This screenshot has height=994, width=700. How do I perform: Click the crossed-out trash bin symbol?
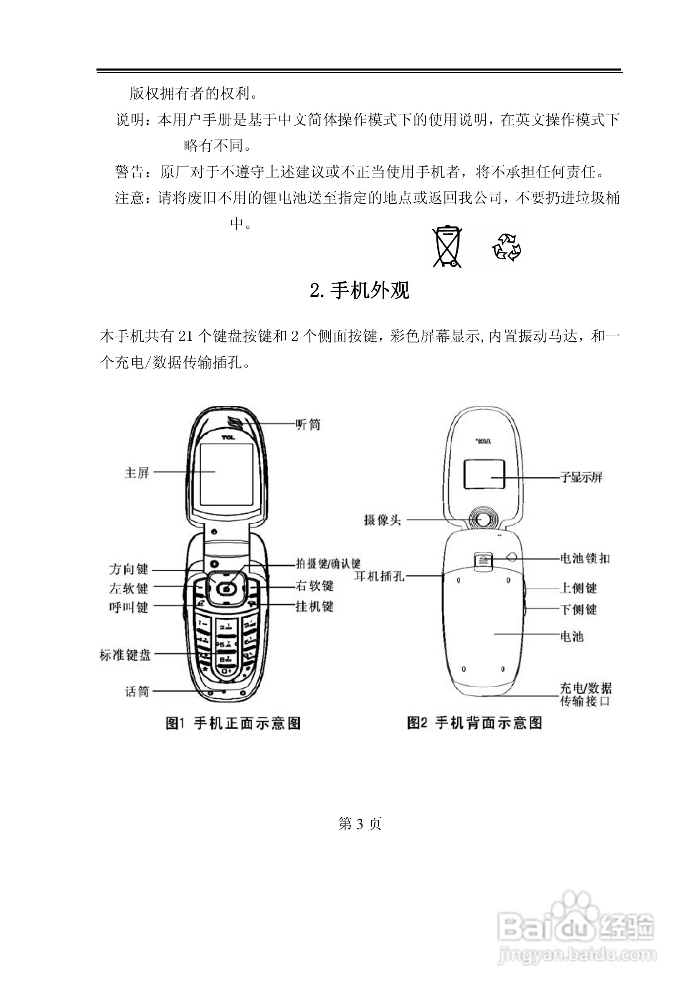tap(447, 247)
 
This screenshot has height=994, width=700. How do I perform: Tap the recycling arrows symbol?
tap(506, 247)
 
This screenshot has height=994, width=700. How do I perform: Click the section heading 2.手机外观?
tap(359, 291)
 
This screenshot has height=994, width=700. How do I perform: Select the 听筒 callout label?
tap(308, 425)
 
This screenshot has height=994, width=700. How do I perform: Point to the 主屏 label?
tap(137, 473)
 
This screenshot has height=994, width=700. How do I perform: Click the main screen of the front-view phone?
tap(226, 474)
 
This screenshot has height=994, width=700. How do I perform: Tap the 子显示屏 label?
tap(581, 477)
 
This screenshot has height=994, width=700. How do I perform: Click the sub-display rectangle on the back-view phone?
tap(484, 474)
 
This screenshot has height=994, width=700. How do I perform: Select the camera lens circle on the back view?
tap(484, 520)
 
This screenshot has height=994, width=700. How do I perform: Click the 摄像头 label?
tap(382, 520)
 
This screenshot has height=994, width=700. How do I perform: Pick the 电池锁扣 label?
tap(585, 558)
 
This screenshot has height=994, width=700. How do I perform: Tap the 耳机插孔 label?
tap(379, 576)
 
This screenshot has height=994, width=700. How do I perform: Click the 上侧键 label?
tap(578, 588)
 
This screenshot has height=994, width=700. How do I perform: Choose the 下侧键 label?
tap(578, 610)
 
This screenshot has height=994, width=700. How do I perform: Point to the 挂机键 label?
tap(314, 606)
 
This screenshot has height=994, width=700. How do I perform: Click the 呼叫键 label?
tap(129, 607)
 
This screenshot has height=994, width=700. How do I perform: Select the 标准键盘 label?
tap(125, 655)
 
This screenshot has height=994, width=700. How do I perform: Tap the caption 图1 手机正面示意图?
tap(233, 723)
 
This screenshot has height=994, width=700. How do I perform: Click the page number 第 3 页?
tap(359, 824)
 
